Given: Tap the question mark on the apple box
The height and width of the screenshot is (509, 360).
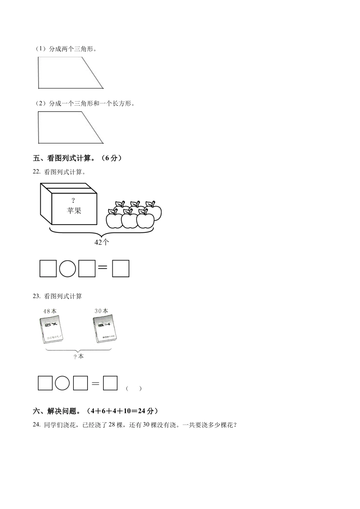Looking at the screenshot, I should click(x=74, y=200).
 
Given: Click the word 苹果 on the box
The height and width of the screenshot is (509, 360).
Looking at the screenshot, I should click(x=74, y=211).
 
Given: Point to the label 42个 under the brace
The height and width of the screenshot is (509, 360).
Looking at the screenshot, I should click(x=102, y=243).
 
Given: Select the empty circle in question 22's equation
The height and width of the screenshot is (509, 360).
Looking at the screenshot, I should click(x=67, y=269).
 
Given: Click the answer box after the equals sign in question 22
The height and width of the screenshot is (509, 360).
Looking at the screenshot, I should click(x=121, y=269).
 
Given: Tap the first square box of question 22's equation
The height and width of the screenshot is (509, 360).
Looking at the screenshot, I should click(x=48, y=269).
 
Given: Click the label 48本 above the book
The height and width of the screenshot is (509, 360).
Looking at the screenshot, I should click(x=50, y=311).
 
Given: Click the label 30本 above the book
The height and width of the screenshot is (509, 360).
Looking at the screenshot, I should click(x=101, y=311).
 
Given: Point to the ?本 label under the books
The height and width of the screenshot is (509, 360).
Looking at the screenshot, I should click(x=79, y=356).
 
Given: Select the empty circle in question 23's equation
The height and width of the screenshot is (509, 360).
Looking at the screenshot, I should click(x=63, y=383).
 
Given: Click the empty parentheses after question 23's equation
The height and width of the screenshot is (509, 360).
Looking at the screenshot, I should click(x=134, y=388).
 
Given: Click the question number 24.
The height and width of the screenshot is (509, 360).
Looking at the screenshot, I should click(x=36, y=425).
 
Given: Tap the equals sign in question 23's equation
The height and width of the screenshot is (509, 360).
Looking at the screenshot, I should click(x=95, y=384).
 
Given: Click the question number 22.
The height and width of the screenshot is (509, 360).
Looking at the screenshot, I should click(x=36, y=172).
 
